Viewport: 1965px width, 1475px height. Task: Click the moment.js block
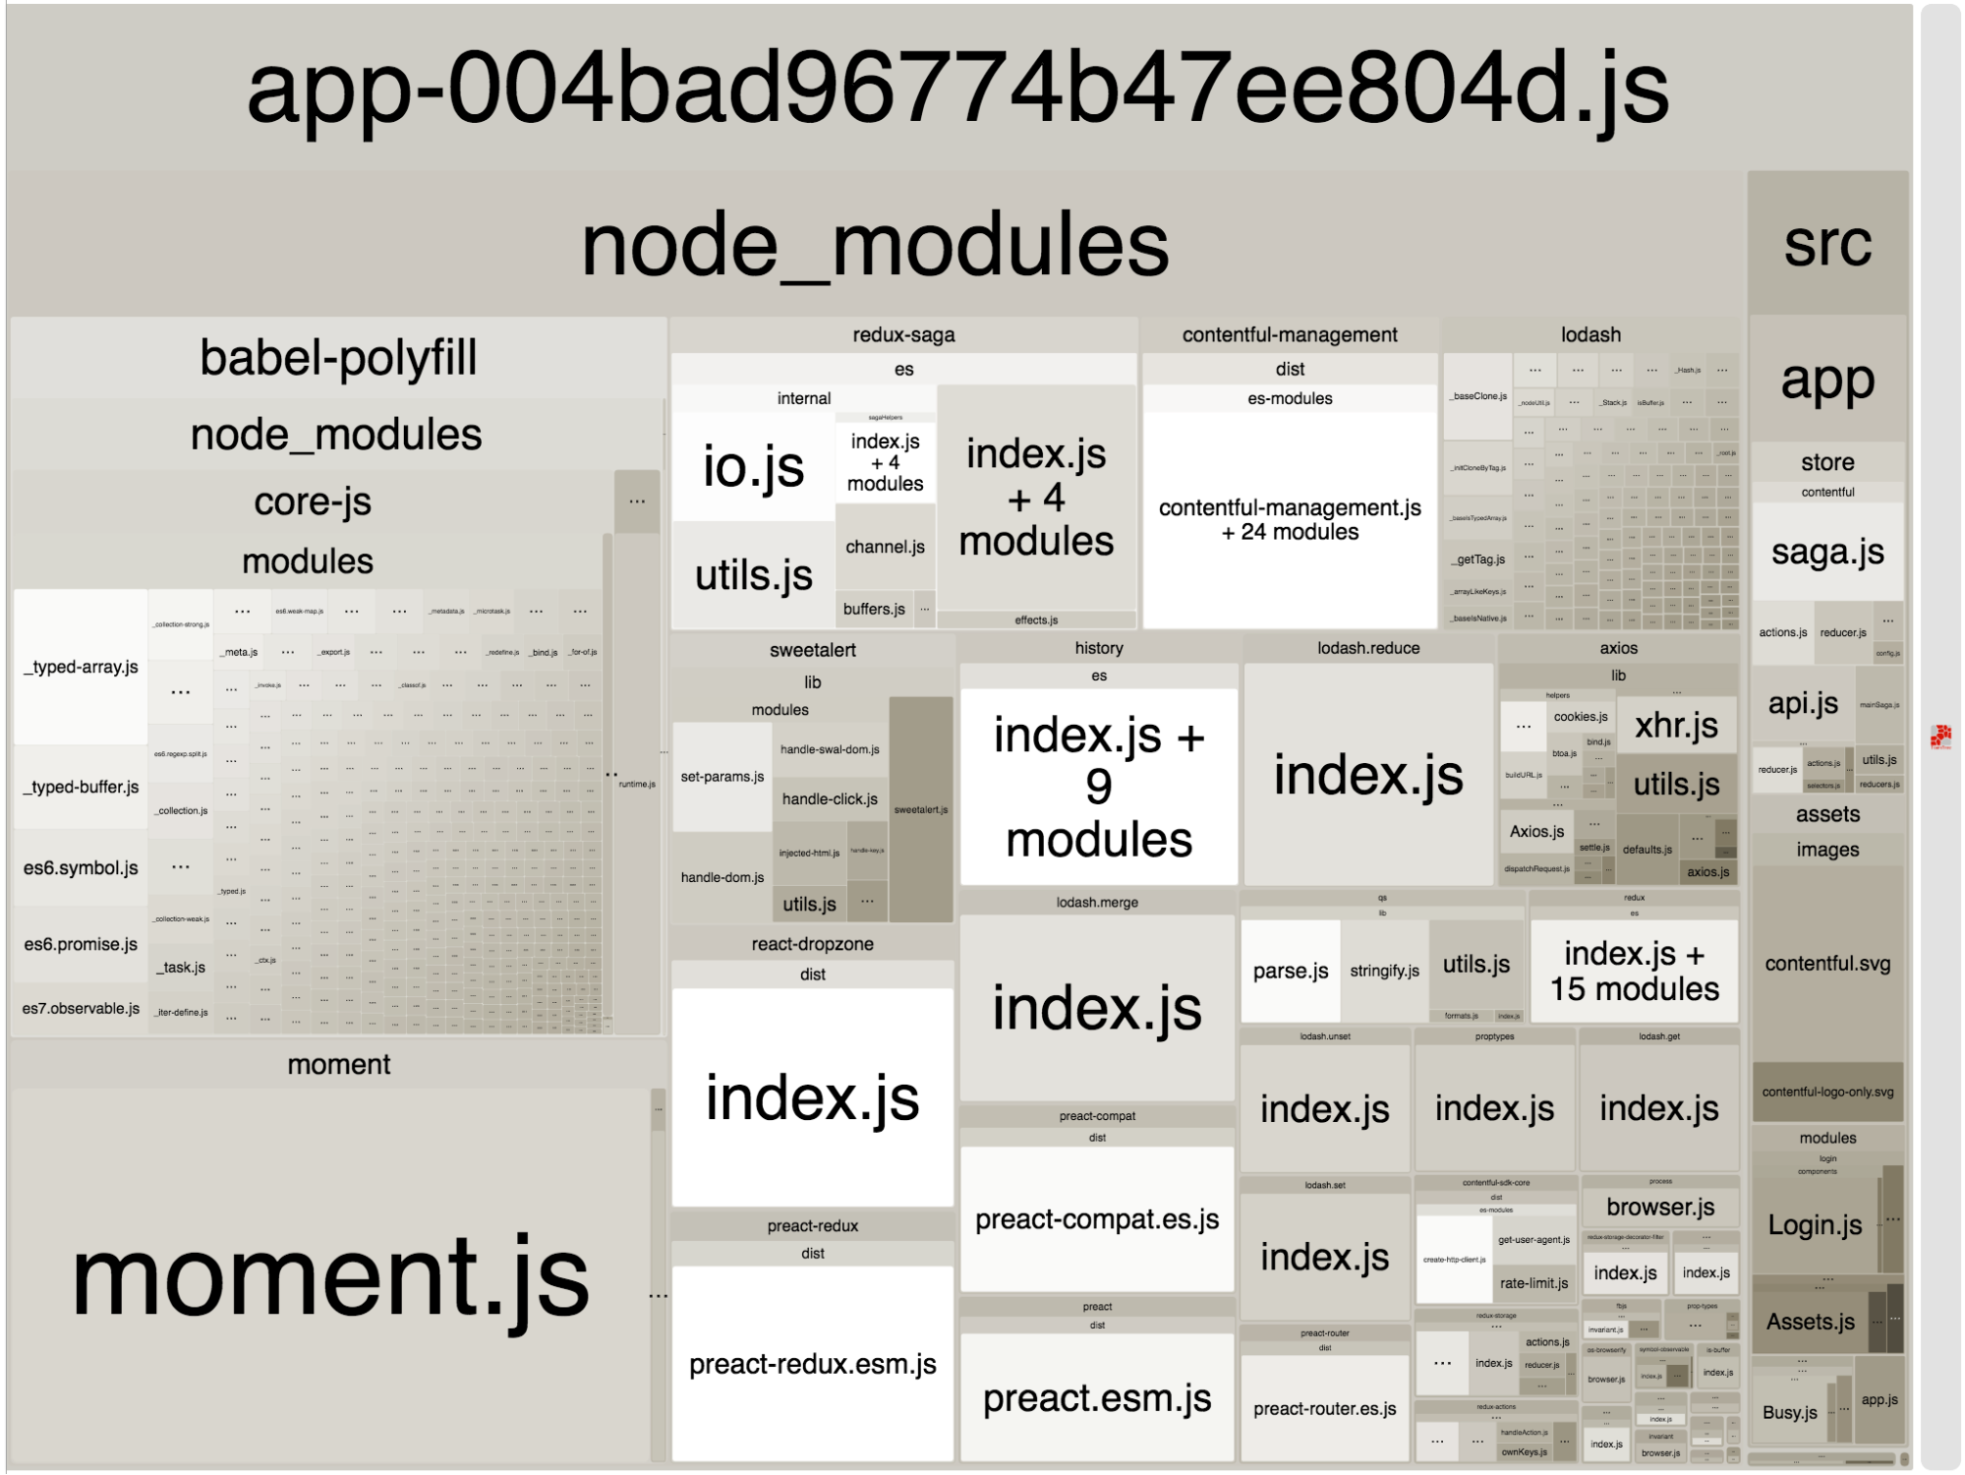click(330, 1276)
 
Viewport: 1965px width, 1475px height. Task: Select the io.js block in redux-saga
click(753, 466)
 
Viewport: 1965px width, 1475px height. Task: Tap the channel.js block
click(885, 547)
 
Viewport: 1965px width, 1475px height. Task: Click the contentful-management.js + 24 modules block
click(1290, 519)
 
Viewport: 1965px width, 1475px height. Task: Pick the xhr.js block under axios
click(1676, 726)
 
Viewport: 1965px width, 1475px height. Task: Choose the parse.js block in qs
click(1290, 971)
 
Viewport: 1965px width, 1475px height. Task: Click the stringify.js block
click(1384, 971)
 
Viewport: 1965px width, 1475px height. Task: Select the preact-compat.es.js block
click(1097, 1219)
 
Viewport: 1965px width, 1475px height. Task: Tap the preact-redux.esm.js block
click(812, 1364)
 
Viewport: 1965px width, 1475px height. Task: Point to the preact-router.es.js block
click(1324, 1408)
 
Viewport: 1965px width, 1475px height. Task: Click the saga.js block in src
click(1827, 552)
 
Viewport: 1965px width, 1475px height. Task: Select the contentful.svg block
click(1827, 964)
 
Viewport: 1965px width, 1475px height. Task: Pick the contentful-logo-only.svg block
click(1827, 1091)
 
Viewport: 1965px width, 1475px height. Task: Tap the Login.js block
click(1815, 1225)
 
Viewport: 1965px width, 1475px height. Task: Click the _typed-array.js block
click(81, 667)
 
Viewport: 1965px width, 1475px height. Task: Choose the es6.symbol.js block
click(81, 868)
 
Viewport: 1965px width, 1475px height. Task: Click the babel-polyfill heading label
click(338, 357)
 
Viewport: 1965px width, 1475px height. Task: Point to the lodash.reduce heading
click(1368, 648)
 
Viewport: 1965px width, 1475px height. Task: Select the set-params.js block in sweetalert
click(722, 777)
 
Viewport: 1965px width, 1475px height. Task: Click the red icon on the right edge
click(1940, 737)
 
